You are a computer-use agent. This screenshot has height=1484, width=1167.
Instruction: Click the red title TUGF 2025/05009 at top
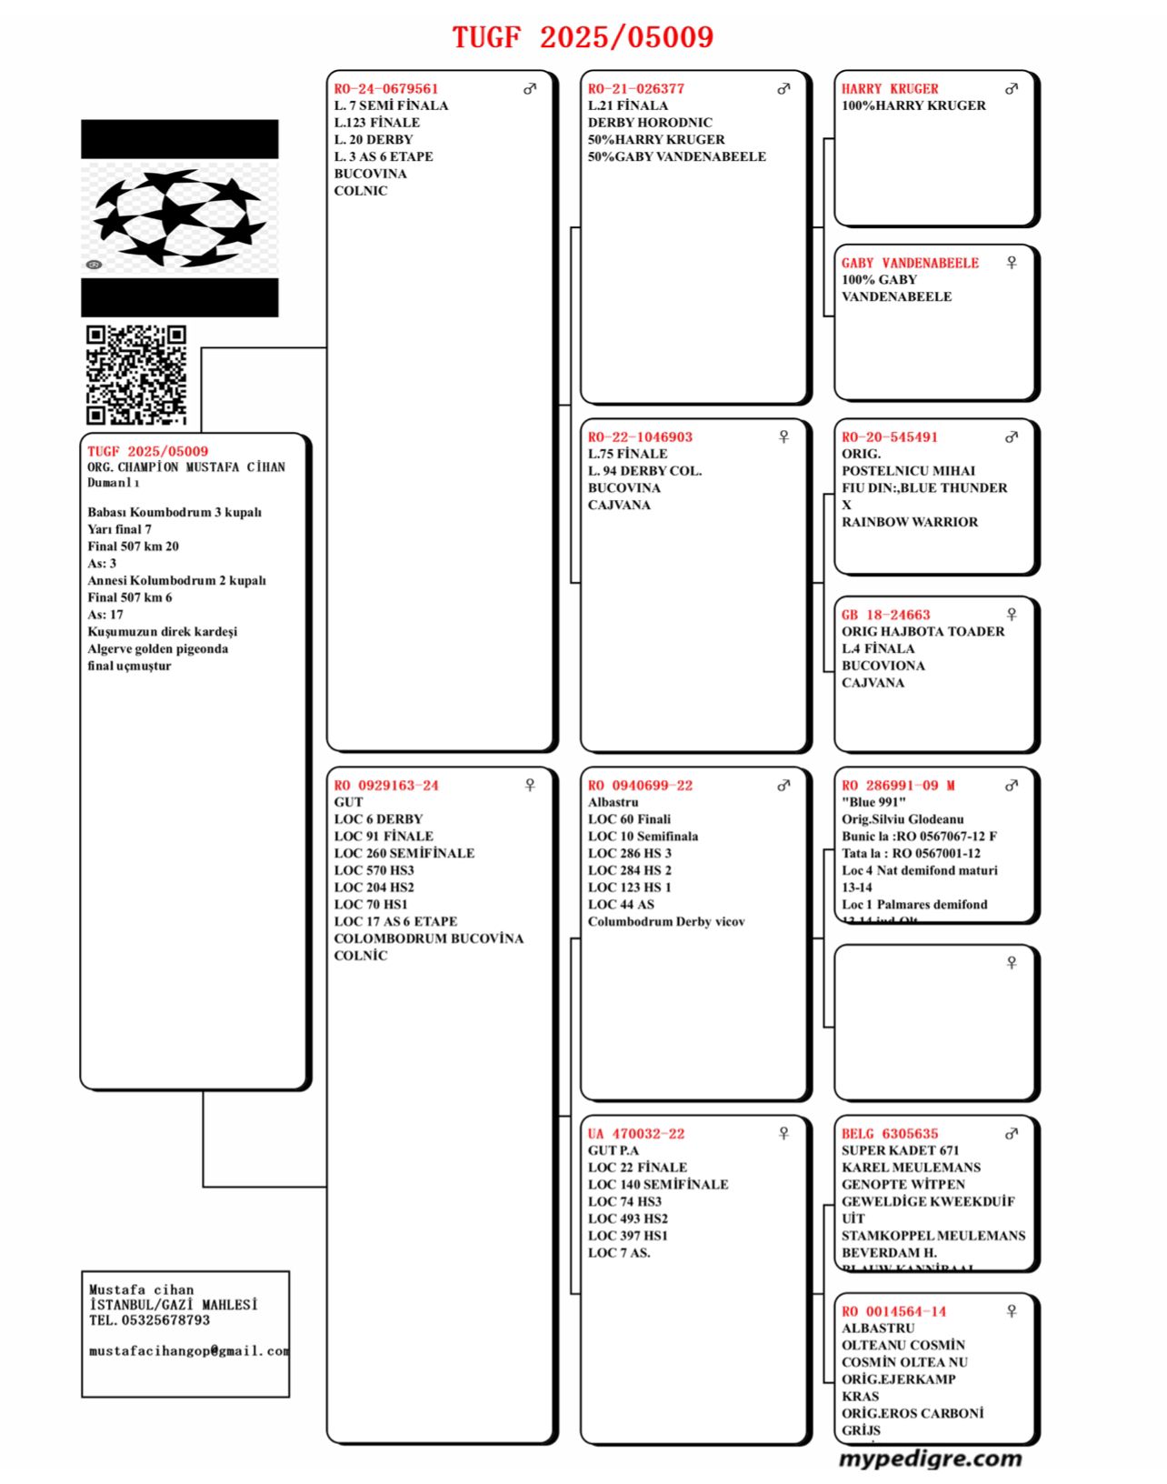tap(583, 37)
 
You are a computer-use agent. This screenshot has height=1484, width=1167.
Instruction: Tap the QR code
tap(136, 375)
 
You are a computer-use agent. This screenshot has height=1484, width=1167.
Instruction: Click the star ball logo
tap(179, 218)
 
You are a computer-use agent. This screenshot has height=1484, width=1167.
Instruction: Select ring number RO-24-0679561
tap(385, 89)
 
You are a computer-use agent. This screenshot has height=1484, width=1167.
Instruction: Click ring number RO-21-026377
tap(635, 89)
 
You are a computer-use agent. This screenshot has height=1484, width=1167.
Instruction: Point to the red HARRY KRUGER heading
tap(889, 89)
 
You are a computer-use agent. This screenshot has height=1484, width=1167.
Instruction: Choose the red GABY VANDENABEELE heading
tap(910, 263)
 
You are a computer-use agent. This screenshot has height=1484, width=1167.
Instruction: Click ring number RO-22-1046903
tap(640, 437)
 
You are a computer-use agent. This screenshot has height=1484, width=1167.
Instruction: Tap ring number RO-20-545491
tap(889, 437)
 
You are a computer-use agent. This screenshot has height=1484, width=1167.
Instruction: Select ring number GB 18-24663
tap(885, 615)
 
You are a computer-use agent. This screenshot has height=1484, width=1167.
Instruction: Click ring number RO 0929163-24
tap(385, 786)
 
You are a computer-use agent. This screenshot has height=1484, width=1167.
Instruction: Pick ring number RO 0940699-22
tap(640, 786)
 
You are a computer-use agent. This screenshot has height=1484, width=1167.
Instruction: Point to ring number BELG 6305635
tap(889, 1134)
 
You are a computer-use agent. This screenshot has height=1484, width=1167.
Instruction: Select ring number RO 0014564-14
tap(893, 1311)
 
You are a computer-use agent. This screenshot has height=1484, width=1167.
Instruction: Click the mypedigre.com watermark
tap(930, 1459)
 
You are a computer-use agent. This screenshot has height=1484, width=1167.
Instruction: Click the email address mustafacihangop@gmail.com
tap(189, 1351)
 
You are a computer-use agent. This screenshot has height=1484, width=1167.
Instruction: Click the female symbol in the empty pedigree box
tap(1012, 963)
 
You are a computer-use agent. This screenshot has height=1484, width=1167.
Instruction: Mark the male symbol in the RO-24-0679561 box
tap(530, 89)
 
